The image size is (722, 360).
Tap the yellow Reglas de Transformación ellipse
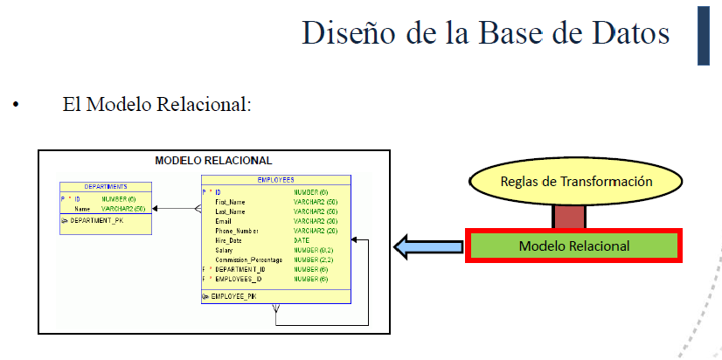(x=577, y=182)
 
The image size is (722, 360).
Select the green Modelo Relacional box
(x=573, y=246)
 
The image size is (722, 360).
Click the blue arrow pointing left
(x=428, y=246)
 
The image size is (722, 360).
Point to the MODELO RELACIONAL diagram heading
(x=213, y=161)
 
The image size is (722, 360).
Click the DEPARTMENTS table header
(x=106, y=186)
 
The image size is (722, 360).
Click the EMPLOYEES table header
(x=275, y=179)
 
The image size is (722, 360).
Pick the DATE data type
(x=302, y=239)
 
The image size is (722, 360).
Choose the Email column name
(x=225, y=220)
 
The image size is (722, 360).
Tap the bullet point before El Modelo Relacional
(x=15, y=107)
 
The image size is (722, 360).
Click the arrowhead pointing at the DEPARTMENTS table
(x=156, y=209)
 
